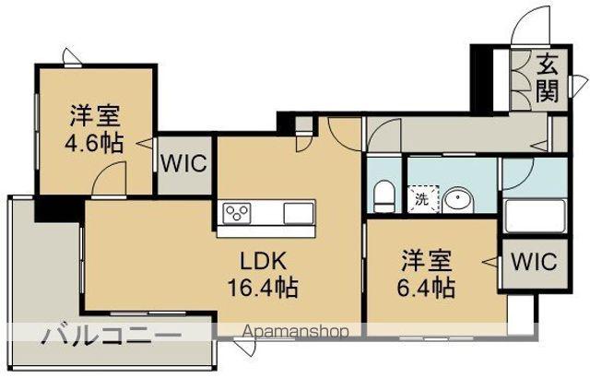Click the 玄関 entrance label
pos(549,77)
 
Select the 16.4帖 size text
pos(262,287)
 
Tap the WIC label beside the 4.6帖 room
pos(185,164)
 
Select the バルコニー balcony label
pos(109,335)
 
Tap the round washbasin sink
pos(457,198)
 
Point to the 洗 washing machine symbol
pos(422,198)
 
